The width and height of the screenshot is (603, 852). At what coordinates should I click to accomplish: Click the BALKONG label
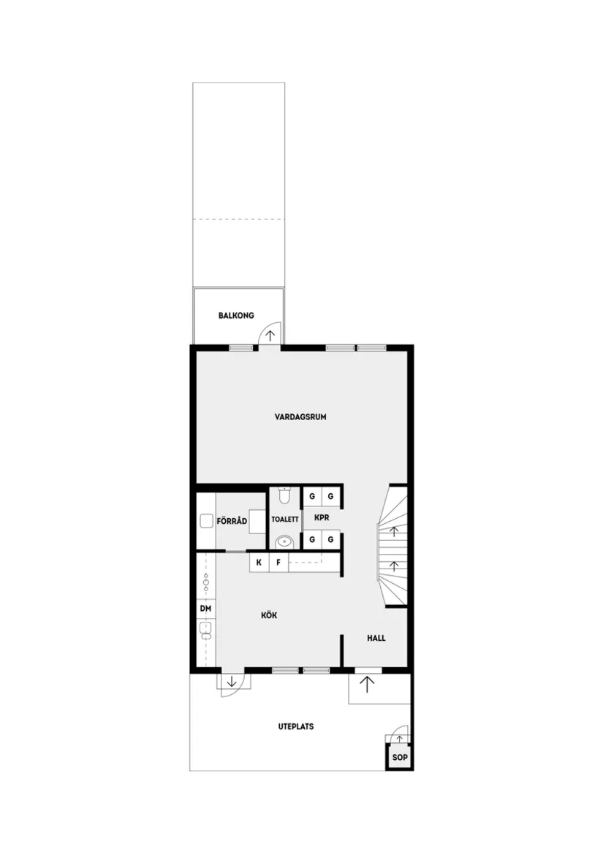coord(235,316)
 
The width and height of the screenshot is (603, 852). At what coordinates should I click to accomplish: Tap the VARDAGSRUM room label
coord(300,417)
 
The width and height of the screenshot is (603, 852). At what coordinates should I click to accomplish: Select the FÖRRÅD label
coord(232,521)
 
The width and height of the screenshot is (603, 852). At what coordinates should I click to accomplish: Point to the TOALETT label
coord(285,520)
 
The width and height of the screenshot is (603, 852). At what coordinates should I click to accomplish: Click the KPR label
coord(322,517)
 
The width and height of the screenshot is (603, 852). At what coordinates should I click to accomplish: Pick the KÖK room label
coord(269,615)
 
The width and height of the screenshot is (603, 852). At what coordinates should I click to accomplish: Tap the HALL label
coord(376,638)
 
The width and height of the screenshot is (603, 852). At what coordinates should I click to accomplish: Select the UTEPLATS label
coord(296,726)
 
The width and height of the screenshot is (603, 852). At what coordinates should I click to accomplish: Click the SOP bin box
coord(398,758)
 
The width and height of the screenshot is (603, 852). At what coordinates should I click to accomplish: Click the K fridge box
coord(259,563)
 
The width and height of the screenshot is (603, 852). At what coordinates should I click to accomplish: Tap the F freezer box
coord(278,563)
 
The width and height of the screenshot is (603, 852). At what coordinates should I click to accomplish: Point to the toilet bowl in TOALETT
coord(285,496)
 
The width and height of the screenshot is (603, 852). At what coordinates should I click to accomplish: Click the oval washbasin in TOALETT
coord(285,542)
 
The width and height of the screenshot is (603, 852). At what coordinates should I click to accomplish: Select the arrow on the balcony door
coord(270,335)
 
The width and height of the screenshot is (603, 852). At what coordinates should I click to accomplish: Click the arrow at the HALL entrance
coord(366,685)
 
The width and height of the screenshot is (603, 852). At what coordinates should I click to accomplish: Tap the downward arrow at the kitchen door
coord(231,682)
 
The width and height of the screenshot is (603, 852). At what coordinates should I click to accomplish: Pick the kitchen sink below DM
coord(205,629)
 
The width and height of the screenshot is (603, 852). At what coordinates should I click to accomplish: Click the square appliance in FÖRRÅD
coord(205,521)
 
